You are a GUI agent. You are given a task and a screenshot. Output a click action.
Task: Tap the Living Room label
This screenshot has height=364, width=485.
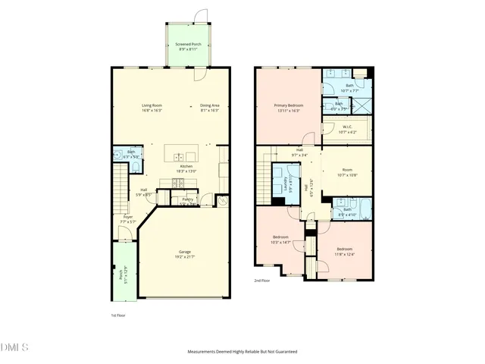(152, 108)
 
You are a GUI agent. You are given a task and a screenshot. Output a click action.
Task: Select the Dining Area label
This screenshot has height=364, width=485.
(209, 108)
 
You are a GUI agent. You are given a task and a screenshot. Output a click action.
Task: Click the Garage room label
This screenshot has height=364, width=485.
(184, 253)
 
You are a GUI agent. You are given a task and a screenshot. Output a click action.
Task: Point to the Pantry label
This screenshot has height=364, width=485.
(187, 202)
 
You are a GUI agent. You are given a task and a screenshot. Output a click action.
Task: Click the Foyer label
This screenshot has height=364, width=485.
(128, 219)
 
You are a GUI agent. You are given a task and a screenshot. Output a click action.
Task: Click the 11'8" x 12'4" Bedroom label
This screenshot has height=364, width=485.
(345, 251)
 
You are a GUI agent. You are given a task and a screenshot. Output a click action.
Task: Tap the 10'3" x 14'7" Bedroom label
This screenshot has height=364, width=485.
(280, 240)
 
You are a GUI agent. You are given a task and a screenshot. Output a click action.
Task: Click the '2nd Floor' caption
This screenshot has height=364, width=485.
(262, 281)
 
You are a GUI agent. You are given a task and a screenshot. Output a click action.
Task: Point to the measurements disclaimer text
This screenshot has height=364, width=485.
(242, 352)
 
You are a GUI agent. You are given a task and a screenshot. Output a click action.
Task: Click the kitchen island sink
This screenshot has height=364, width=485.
(180, 157)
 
